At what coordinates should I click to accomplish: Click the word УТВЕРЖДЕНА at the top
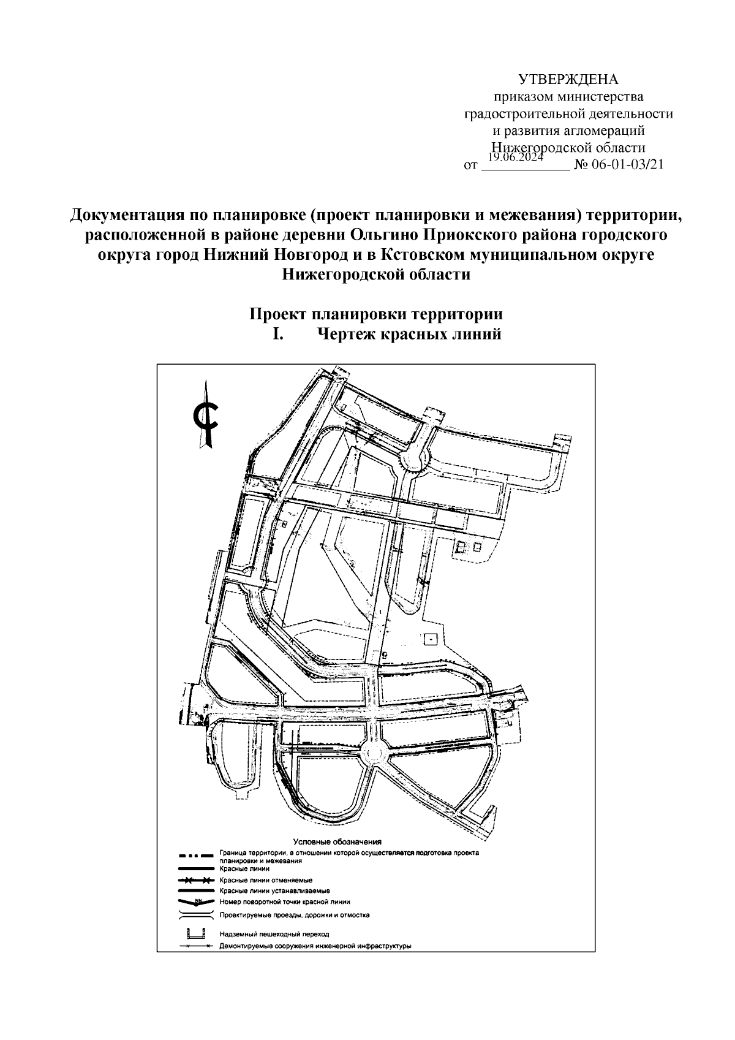569,80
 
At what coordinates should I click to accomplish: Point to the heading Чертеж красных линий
409,335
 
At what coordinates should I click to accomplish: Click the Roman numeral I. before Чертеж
277,335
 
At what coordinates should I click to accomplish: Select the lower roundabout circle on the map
373,753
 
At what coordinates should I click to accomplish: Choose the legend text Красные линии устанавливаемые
274,890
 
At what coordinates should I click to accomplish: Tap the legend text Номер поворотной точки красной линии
284,902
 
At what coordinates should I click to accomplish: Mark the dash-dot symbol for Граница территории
196,855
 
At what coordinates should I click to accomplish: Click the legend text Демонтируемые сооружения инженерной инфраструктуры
314,946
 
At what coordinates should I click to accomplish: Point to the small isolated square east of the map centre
431,639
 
